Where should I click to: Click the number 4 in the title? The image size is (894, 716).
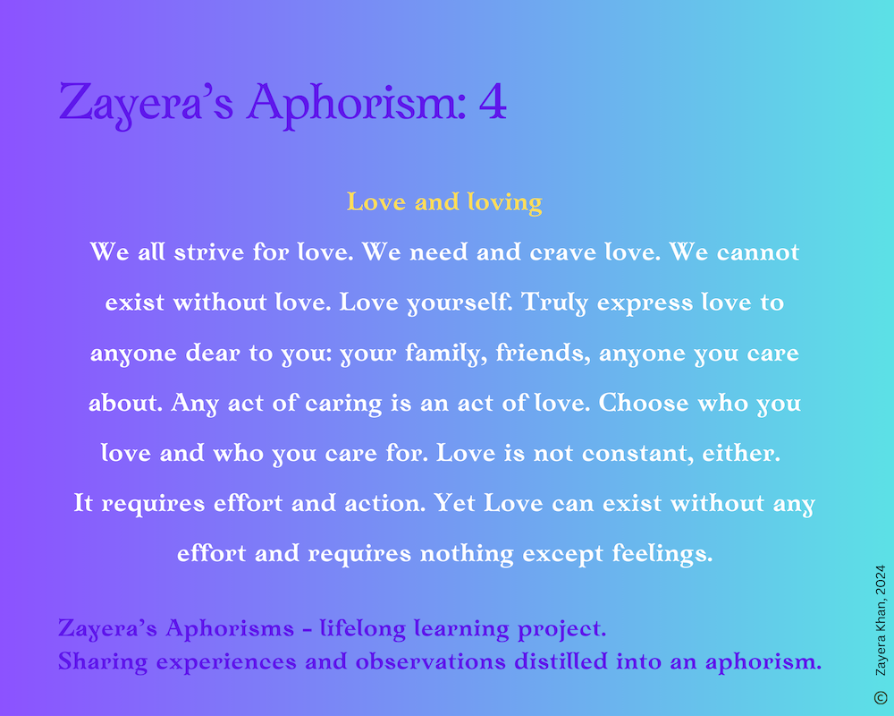pos(493,102)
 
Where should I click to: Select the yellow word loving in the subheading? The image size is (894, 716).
pos(504,203)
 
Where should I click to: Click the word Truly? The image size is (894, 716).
pos(554,303)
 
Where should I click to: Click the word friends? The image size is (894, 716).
pos(544,353)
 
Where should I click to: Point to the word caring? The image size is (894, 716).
pos(343,404)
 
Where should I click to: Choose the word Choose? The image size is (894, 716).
pos(644,403)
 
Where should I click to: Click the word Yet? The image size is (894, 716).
pos(454,504)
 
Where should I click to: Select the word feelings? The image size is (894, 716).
pos(662,554)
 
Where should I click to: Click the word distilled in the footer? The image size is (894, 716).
pos(561,661)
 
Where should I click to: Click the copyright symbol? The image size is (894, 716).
pos(881,697)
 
